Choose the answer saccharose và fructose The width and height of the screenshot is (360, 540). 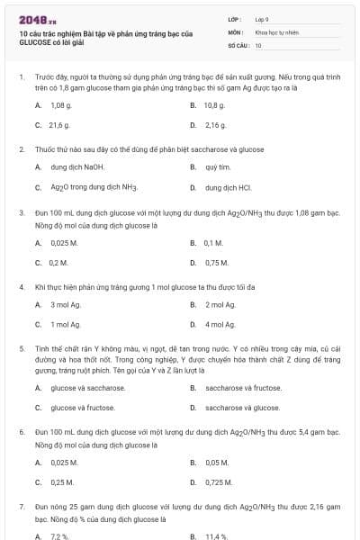(x=242, y=388)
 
